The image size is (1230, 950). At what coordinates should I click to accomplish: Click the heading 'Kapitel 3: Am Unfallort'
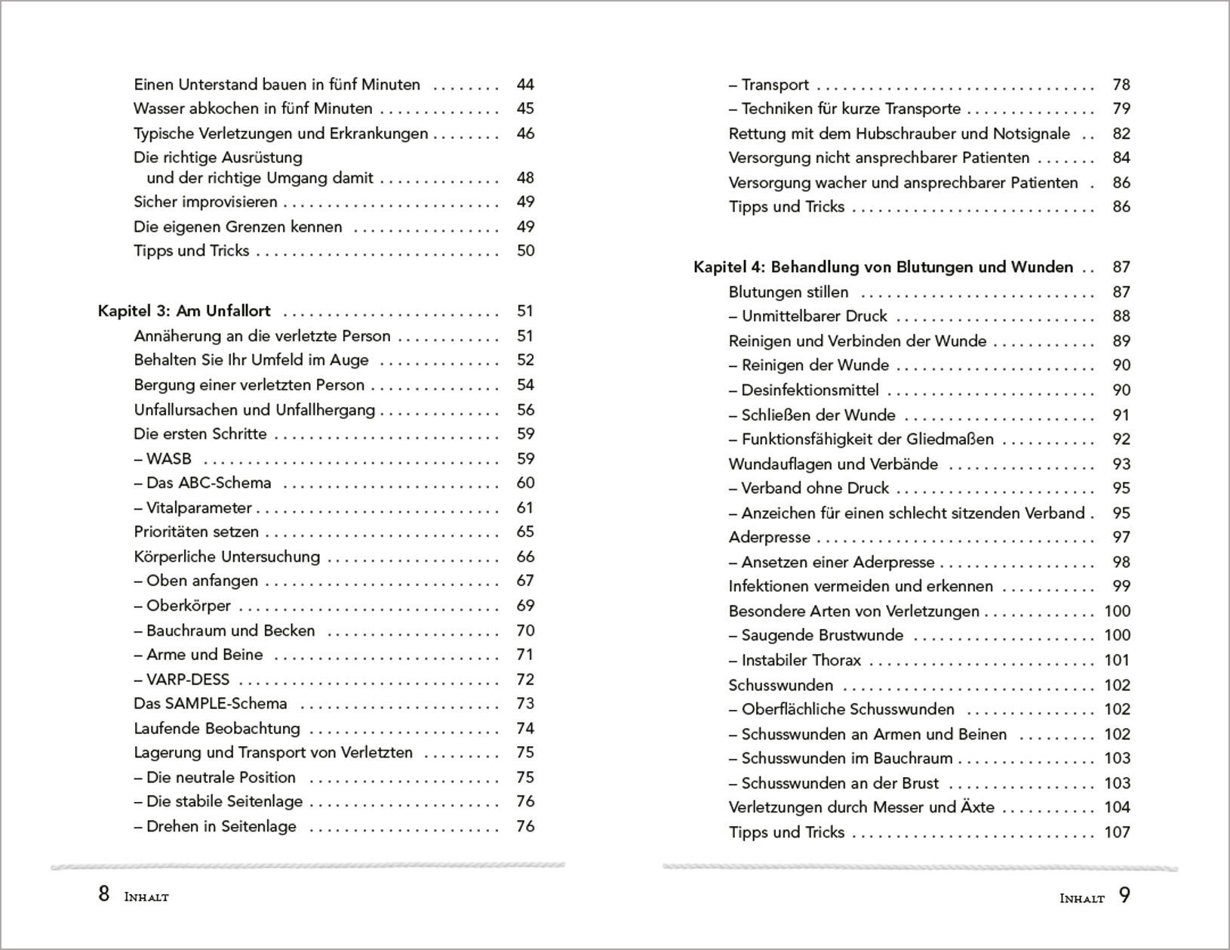[184, 311]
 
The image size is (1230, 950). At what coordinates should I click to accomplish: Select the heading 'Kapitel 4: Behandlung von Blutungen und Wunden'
[883, 267]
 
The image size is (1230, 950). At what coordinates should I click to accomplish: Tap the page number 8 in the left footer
[104, 895]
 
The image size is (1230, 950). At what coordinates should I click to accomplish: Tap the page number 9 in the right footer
[1124, 896]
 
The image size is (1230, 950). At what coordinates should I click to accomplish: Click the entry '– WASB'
[162, 458]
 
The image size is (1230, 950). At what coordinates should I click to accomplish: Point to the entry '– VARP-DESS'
[181, 680]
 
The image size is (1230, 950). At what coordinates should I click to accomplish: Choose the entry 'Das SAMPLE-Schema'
[210, 704]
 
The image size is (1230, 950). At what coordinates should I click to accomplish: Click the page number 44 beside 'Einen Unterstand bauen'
[525, 85]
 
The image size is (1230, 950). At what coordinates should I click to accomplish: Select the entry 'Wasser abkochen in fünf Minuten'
[253, 109]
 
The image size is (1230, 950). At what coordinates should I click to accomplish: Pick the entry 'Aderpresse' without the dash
[769, 538]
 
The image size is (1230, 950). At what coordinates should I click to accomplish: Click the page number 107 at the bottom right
[1117, 832]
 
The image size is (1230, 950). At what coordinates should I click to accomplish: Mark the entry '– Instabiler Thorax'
[795, 661]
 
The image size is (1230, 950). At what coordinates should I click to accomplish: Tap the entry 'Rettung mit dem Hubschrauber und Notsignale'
[899, 134]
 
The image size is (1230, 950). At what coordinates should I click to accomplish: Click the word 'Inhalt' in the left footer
[146, 897]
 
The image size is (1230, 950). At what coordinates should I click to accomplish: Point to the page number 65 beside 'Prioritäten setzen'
[525, 532]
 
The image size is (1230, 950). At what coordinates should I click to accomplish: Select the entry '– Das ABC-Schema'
[202, 483]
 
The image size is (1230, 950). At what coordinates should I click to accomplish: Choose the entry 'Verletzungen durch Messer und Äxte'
[861, 807]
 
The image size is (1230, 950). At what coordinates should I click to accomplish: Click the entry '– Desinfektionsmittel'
[804, 390]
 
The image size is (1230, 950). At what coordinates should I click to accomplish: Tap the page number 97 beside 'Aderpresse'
[1121, 538]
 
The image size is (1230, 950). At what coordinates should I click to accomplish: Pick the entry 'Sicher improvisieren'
[205, 202]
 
